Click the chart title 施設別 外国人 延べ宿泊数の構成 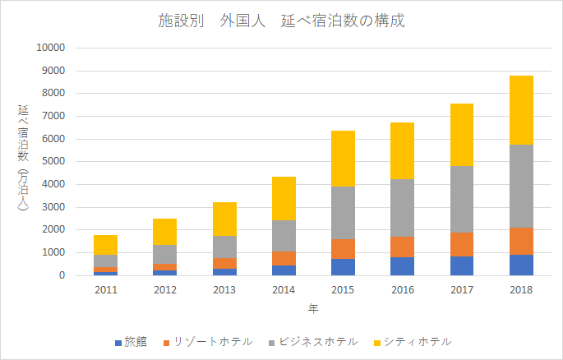[281, 21]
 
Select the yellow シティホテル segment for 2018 [521, 109]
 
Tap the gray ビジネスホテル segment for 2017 [461, 199]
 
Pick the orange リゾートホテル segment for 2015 [342, 249]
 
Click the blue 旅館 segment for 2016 [402, 266]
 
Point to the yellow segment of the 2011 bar [105, 245]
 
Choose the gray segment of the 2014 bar [284, 236]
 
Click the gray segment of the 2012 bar [164, 254]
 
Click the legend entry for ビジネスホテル [312, 341]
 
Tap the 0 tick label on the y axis [62, 276]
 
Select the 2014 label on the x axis [284, 290]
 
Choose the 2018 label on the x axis [521, 290]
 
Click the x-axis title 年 [313, 310]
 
